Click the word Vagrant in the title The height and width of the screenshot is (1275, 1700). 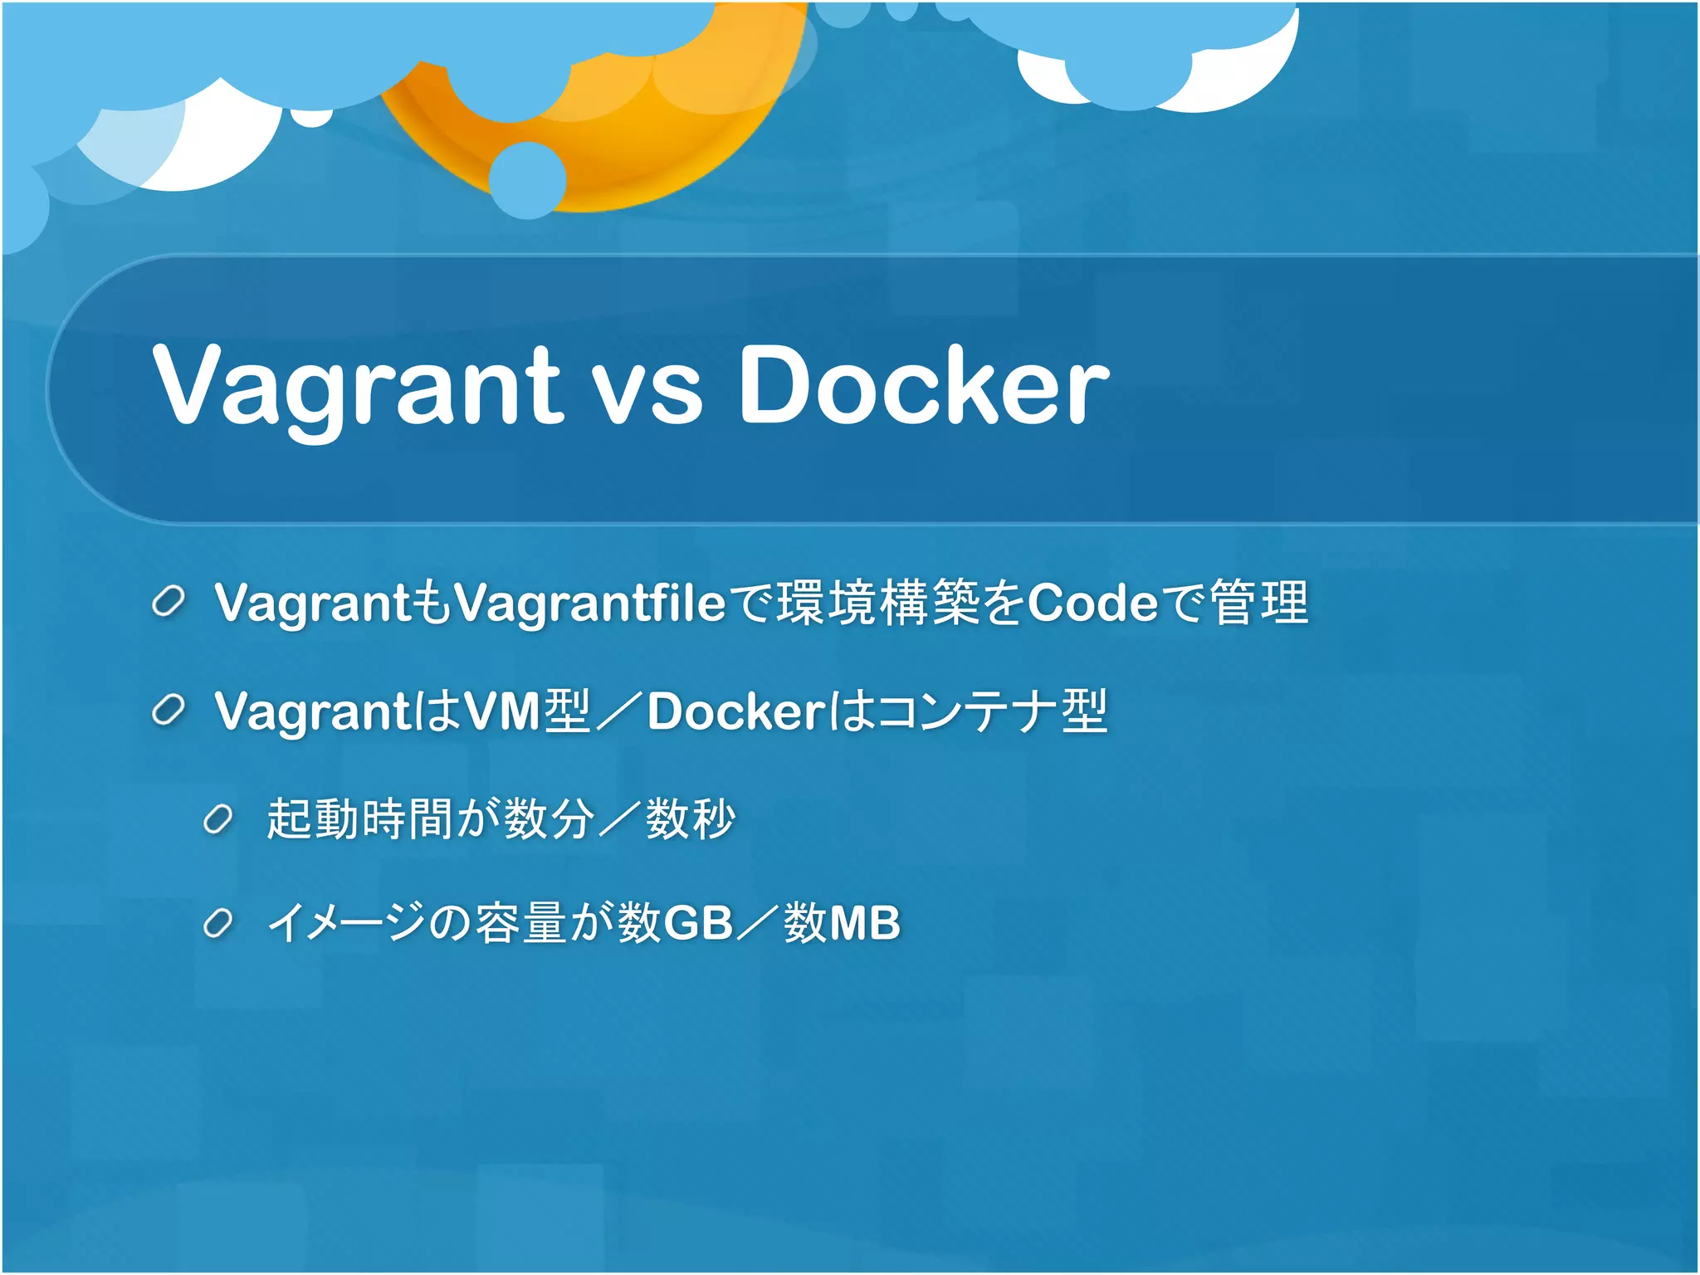[358, 386]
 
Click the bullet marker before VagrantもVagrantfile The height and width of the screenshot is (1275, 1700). [169, 602]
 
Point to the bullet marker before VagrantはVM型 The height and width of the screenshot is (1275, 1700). [169, 711]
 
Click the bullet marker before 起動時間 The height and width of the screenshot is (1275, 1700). [218, 820]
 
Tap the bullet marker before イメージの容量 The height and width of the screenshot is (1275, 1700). [218, 923]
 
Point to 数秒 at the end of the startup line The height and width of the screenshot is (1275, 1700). [691, 819]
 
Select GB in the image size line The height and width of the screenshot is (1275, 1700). [699, 923]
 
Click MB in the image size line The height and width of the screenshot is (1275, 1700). [865, 923]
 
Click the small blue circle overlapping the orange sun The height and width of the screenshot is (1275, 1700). [528, 180]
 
